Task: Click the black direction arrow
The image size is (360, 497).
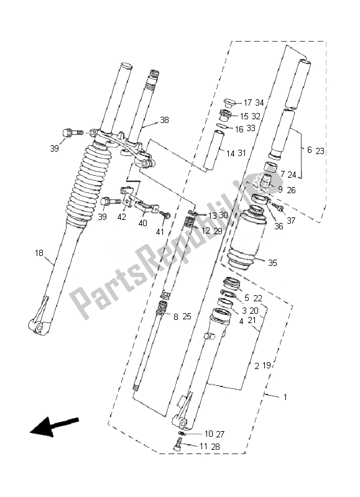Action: [54, 426]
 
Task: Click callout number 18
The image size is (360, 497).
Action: [39, 253]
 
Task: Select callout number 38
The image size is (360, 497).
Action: [164, 120]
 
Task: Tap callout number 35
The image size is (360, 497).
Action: [272, 263]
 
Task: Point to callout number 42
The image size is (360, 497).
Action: [121, 217]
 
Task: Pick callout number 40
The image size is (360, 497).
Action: [143, 223]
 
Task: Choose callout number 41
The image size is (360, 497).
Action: [160, 232]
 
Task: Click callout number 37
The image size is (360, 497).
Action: [291, 221]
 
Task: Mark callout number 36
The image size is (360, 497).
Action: [279, 227]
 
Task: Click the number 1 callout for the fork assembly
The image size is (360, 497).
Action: [285, 397]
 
